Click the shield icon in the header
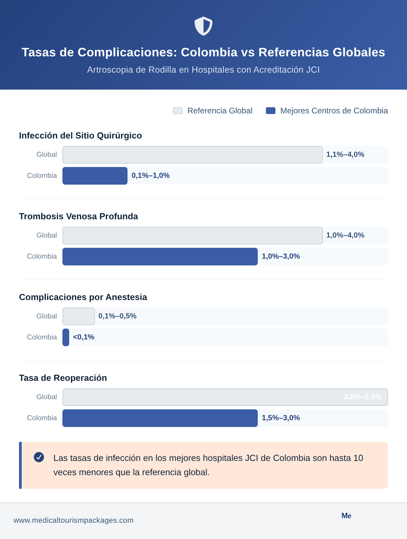coord(203,26)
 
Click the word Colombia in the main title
coord(209,52)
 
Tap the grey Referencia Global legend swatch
coord(178,111)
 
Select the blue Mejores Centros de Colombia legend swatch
coord(271,111)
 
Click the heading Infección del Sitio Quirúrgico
coord(80,135)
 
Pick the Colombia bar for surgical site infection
coord(95,176)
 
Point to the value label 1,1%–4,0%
coord(345,154)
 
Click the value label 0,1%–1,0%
coord(151,175)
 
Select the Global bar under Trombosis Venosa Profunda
coord(192,236)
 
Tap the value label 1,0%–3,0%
coord(280,256)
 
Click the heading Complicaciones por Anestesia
coord(83,297)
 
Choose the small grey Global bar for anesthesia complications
coord(79,316)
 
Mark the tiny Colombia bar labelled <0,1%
coord(66,337)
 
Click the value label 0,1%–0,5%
coord(117,316)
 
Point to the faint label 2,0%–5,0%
coord(363,397)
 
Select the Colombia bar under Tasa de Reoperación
coord(160,418)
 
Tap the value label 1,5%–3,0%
coord(280,418)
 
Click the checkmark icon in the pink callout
coord(39,457)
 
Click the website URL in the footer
coord(74,520)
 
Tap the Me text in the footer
coord(346,516)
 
